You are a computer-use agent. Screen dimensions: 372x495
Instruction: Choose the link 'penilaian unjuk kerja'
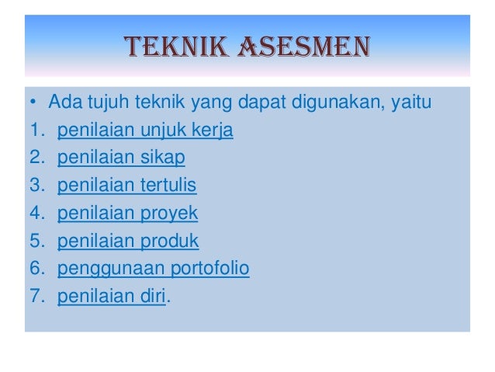[145, 130]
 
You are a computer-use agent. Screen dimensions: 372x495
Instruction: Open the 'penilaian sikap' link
[121, 158]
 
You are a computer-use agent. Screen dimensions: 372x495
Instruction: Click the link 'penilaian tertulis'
[127, 186]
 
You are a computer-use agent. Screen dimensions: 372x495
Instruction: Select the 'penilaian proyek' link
[128, 214]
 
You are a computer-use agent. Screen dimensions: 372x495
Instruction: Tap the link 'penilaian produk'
[128, 241]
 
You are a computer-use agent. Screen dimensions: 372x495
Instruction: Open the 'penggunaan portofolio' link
[154, 269]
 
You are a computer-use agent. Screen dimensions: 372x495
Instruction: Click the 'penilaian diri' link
[112, 297]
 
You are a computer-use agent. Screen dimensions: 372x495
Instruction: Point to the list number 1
[34, 130]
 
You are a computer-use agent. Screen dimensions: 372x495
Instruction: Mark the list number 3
[34, 186]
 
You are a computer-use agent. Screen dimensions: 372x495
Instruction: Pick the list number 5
[34, 241]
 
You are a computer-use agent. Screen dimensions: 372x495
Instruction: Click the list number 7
[34, 297]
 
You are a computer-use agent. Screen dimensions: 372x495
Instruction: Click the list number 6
[34, 269]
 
